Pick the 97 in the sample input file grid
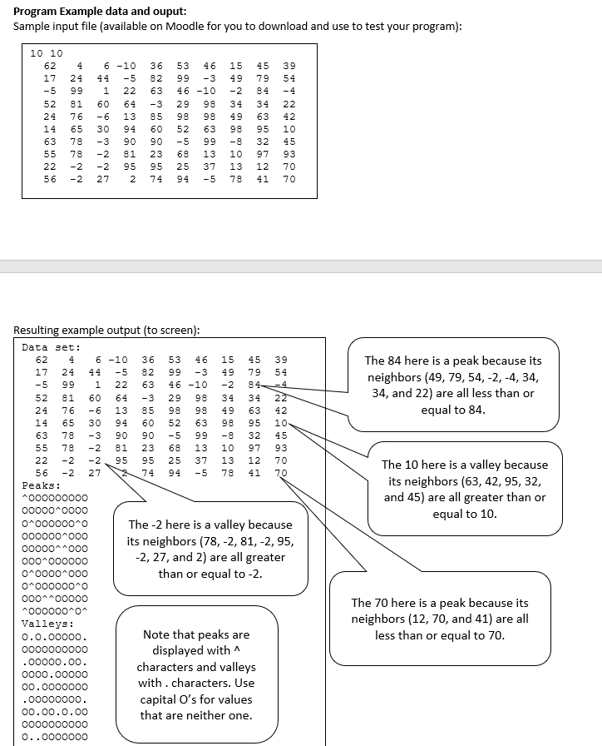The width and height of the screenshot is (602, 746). pyautogui.click(x=264, y=155)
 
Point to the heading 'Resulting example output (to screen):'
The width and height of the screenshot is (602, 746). pyautogui.click(x=107, y=330)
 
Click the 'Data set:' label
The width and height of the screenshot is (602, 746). pyautogui.click(x=51, y=347)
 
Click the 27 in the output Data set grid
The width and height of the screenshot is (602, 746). pyautogui.click(x=95, y=471)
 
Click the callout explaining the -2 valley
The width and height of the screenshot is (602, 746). pyautogui.click(x=209, y=549)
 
